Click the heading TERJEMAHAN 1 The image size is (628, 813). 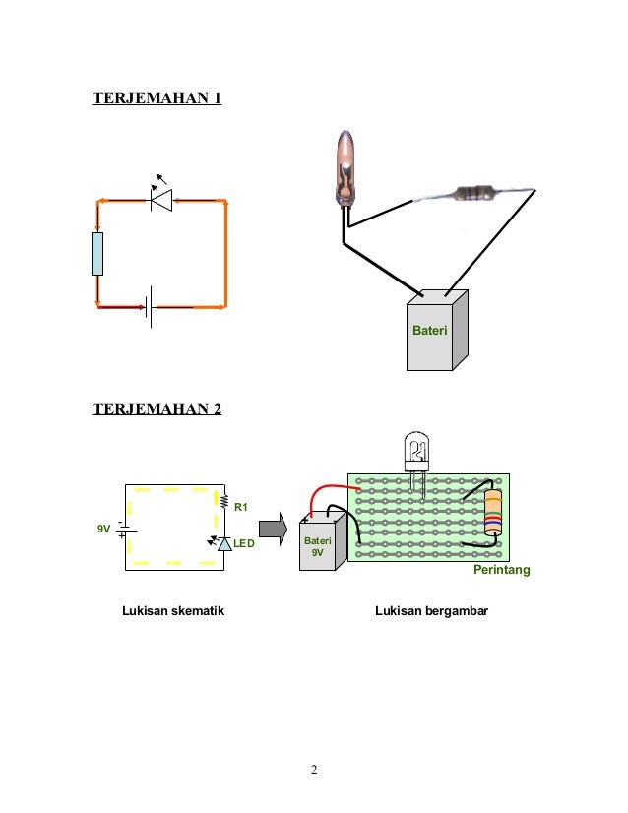pyautogui.click(x=157, y=97)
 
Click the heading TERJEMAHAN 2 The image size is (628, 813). pyautogui.click(x=157, y=406)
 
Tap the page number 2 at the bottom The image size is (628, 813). pyautogui.click(x=313, y=770)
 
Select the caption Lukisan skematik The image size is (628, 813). pyautogui.click(x=173, y=611)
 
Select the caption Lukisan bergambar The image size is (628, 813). pyautogui.click(x=431, y=611)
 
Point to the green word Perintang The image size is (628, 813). pyautogui.click(x=502, y=571)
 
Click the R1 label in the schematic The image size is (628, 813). pyautogui.click(x=239, y=508)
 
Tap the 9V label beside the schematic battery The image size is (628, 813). pyautogui.click(x=103, y=530)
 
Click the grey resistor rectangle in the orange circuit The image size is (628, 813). pyautogui.click(x=97, y=254)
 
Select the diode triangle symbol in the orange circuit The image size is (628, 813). pyautogui.click(x=161, y=201)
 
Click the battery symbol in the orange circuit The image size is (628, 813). pyautogui.click(x=151, y=307)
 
